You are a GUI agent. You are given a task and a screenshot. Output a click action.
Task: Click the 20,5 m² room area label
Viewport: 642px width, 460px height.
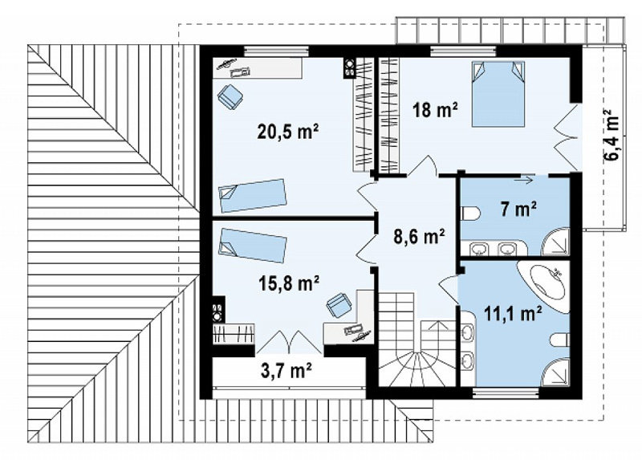click(288, 132)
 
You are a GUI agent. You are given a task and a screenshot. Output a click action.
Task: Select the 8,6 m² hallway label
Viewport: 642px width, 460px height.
click(419, 236)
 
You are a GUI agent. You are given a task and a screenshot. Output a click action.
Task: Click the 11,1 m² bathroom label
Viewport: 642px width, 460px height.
click(514, 314)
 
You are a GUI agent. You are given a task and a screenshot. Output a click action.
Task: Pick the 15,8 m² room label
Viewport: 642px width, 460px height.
click(289, 283)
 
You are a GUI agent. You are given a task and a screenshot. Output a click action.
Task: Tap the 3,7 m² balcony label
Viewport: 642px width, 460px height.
click(286, 371)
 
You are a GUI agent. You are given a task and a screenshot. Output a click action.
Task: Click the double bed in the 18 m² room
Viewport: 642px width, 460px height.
click(498, 94)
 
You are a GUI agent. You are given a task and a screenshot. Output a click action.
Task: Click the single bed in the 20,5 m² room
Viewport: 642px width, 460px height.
click(252, 195)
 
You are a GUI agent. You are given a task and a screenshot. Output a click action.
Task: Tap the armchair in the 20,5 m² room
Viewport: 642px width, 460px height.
click(230, 97)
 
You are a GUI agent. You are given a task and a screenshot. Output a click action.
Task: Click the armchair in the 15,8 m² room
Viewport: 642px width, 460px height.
click(339, 305)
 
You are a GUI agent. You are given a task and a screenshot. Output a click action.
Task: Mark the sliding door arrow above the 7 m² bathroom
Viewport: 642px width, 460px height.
click(525, 178)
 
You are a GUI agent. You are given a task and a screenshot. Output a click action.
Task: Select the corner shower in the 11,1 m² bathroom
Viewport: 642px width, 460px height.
click(555, 372)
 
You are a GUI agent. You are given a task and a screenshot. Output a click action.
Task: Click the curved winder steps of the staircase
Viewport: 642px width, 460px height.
click(416, 368)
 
